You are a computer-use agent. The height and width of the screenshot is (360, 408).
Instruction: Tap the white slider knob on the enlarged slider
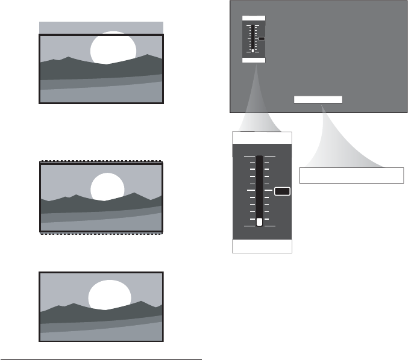(x=260, y=222)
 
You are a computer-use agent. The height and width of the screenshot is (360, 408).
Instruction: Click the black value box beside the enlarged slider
(x=282, y=191)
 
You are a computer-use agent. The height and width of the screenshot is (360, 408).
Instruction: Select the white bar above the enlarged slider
(x=262, y=138)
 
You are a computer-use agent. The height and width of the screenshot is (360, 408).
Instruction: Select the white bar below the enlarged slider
(x=262, y=246)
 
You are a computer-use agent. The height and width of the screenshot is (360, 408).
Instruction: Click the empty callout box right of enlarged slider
(x=351, y=175)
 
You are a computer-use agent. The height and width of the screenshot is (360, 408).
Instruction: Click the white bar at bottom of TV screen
(x=318, y=99)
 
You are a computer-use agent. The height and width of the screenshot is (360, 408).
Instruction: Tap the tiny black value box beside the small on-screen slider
(x=262, y=39)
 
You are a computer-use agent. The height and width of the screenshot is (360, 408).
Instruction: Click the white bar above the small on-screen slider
(x=254, y=20)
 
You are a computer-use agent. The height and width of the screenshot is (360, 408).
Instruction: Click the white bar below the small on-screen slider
(x=254, y=60)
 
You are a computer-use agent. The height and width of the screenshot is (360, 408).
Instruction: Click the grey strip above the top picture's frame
(x=101, y=28)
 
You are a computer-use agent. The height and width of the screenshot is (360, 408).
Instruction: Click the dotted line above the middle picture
(x=101, y=161)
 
